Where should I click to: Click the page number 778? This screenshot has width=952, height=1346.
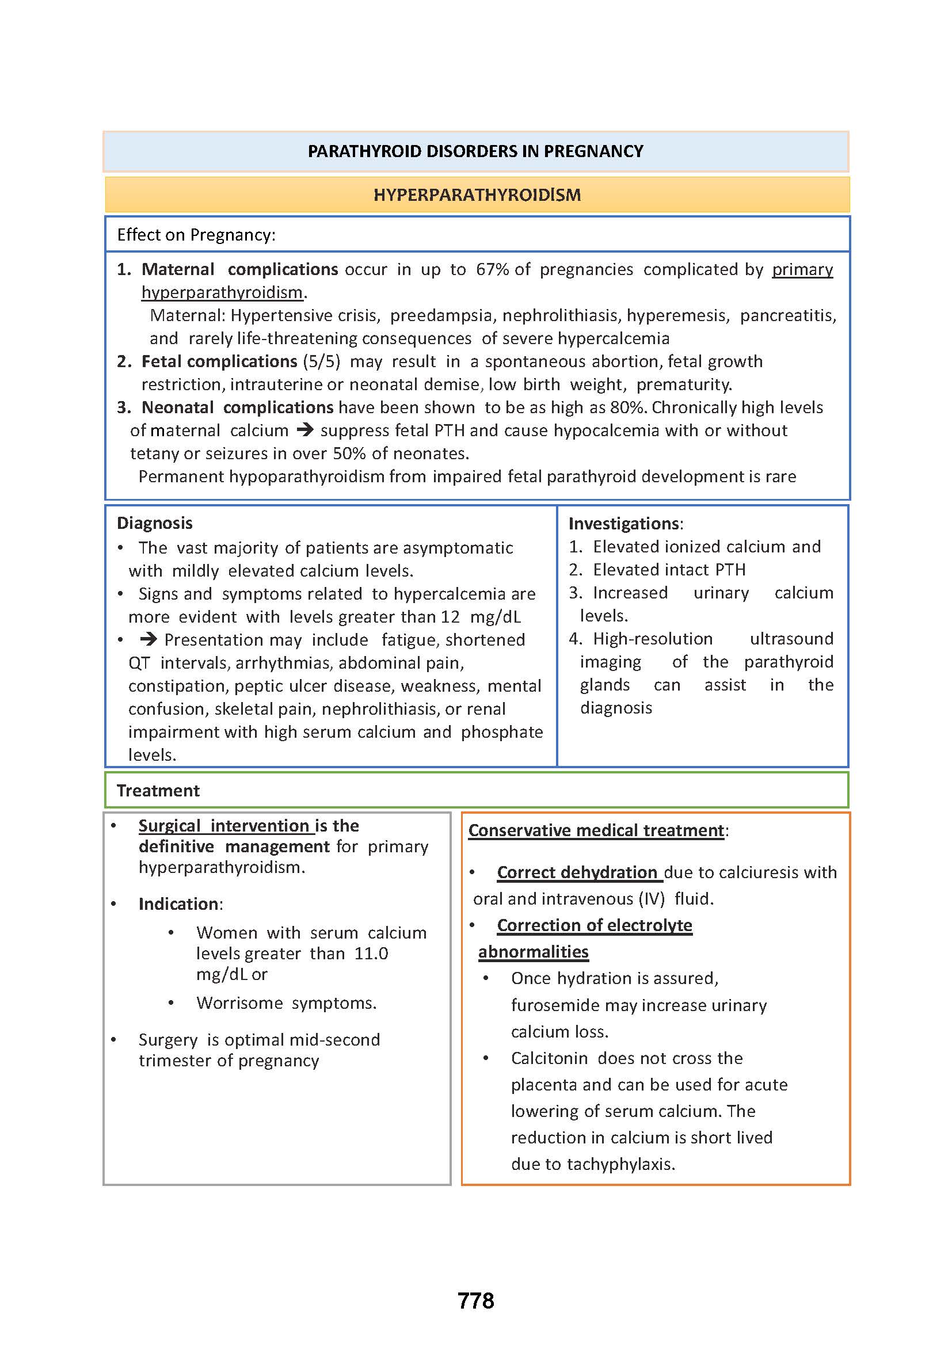(x=475, y=1301)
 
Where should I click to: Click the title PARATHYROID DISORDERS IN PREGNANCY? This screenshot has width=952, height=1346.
(x=475, y=151)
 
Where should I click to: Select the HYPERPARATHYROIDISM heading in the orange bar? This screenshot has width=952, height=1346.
(x=477, y=195)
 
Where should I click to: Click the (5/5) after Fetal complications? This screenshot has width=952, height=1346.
(x=321, y=361)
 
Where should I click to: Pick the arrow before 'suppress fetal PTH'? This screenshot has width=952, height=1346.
(x=305, y=430)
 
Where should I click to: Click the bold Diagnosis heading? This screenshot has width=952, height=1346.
(x=155, y=523)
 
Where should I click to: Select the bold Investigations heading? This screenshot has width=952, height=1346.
(x=624, y=524)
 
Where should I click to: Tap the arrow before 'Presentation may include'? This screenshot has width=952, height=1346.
(x=148, y=639)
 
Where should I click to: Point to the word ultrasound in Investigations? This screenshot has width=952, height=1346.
(x=791, y=638)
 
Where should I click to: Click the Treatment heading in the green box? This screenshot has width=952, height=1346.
(x=158, y=790)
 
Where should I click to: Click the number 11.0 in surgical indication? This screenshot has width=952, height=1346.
(x=371, y=953)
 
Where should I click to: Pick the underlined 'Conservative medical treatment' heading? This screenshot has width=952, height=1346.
(x=596, y=830)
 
